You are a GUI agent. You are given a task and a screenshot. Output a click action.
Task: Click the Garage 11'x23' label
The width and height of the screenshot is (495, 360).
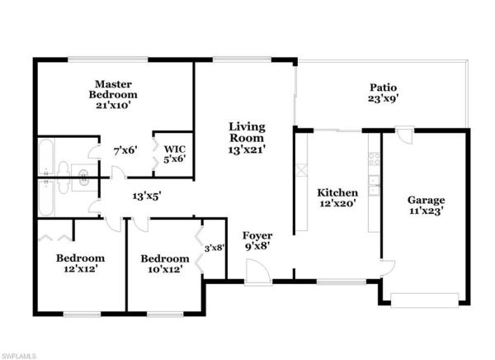click(x=427, y=205)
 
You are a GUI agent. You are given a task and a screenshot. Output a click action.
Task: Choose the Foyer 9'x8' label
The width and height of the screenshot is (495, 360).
click(x=257, y=241)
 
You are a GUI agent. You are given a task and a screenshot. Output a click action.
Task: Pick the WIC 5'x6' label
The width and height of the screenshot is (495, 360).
click(x=173, y=153)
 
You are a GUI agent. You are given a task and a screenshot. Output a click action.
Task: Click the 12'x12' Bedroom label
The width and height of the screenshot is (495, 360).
click(x=80, y=263)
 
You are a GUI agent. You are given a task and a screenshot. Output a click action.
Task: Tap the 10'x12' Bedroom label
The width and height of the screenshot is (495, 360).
click(x=165, y=263)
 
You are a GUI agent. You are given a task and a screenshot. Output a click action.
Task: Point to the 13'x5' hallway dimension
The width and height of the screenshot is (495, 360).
click(x=147, y=197)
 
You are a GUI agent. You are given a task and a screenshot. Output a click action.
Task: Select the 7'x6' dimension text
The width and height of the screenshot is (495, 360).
click(x=125, y=151)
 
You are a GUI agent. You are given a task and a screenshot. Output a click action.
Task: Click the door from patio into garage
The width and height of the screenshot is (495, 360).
click(x=403, y=134)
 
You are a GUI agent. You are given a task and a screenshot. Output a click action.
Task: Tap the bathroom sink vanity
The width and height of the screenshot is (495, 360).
click(x=82, y=173)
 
